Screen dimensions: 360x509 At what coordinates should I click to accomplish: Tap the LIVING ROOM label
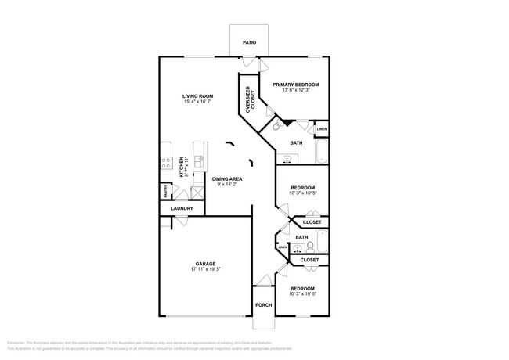click(x=198, y=96)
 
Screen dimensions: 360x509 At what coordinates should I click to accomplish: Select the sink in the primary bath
click(x=287, y=159)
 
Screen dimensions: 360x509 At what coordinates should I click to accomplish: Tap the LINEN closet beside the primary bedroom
click(x=321, y=129)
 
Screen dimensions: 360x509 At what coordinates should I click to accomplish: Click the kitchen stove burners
click(x=166, y=164)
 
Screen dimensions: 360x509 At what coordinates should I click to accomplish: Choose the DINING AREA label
click(x=226, y=179)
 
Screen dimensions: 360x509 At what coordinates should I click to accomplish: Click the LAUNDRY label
click(x=182, y=209)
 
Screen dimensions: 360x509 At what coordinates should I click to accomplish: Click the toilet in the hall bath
click(x=311, y=245)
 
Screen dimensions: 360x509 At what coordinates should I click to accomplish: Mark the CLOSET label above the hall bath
click(x=312, y=222)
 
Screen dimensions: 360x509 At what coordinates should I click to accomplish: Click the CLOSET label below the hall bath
click(x=309, y=259)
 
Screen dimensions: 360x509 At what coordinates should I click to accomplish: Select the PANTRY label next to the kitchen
click(x=167, y=192)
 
